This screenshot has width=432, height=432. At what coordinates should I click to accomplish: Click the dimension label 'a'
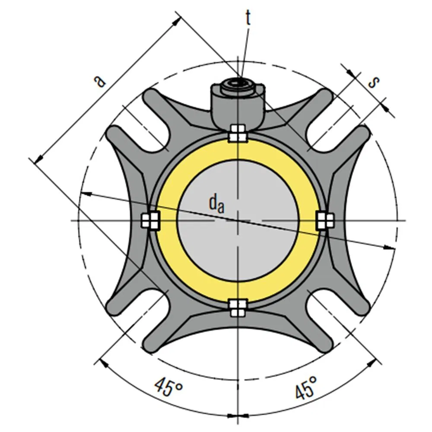pyautogui.click(x=100, y=80)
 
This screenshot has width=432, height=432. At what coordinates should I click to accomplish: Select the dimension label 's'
pyautogui.click(x=374, y=82)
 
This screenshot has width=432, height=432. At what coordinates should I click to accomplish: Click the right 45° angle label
pyautogui.click(x=306, y=387)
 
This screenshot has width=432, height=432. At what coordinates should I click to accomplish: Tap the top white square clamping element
pyautogui.click(x=237, y=133)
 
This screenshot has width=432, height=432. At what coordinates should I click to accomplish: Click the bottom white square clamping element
pyautogui.click(x=237, y=307)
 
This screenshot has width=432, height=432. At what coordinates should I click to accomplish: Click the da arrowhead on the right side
pyautogui.click(x=391, y=248)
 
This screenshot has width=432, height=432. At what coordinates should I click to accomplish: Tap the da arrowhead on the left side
pyautogui.click(x=86, y=194)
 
